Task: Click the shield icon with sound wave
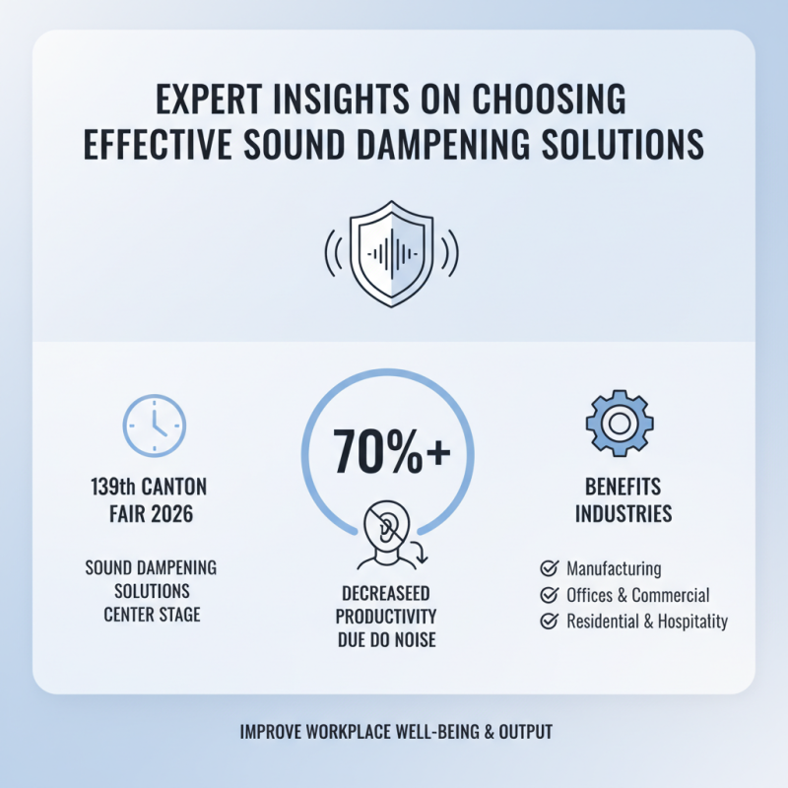tap(393, 255)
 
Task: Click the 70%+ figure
tap(392, 451)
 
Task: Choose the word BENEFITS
tap(623, 488)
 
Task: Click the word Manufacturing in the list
tap(614, 568)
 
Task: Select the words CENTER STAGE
tap(152, 616)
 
